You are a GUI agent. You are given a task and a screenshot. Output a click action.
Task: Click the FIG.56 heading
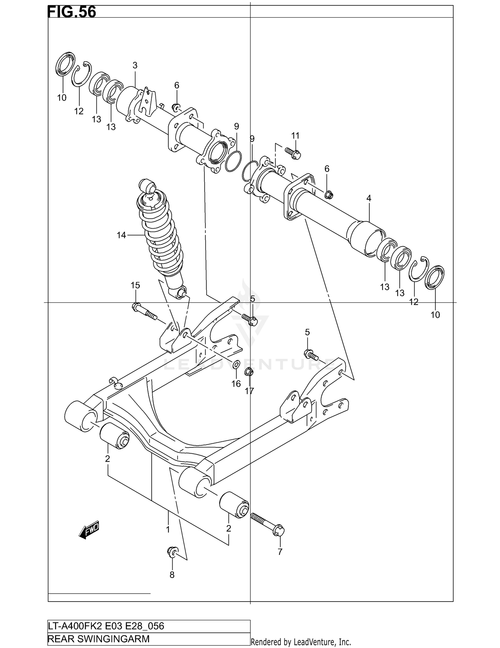tap(72, 12)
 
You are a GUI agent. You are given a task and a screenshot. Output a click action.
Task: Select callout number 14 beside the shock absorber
tap(121, 235)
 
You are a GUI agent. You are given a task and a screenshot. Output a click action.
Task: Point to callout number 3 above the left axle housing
tap(135, 65)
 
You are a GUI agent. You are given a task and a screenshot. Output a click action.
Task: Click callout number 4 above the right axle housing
tap(369, 198)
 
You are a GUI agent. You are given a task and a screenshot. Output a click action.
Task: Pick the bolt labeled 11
tap(293, 153)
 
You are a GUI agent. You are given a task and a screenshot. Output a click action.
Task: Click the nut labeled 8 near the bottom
tap(172, 552)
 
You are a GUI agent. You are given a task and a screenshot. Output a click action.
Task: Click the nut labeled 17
tap(249, 372)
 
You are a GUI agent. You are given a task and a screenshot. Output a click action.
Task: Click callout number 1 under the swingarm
tap(168, 529)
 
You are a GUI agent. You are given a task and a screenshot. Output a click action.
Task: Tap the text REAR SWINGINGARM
tap(99, 639)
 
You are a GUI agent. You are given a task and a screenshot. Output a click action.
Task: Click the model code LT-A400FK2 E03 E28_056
tap(106, 626)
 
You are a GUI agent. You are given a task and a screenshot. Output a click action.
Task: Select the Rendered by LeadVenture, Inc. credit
tap(301, 642)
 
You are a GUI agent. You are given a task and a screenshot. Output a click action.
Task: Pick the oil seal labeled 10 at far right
tap(435, 276)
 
